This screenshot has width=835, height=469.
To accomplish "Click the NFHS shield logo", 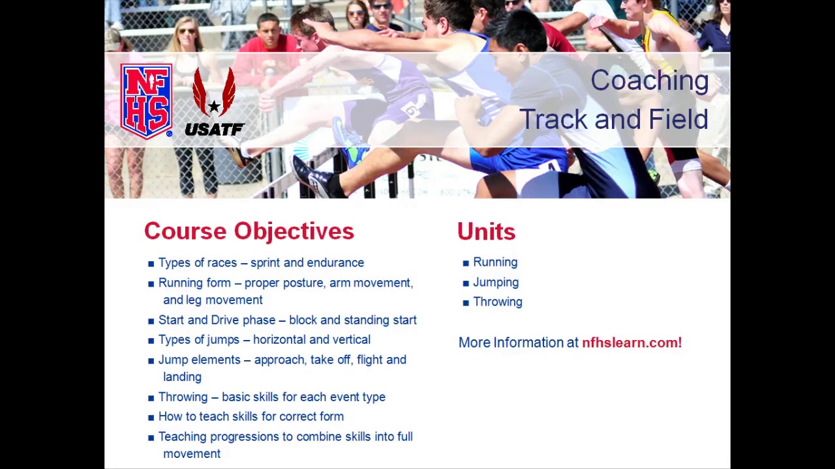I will [146, 101].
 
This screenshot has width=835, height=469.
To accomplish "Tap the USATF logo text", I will [214, 129].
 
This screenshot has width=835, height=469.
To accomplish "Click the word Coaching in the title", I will [649, 81].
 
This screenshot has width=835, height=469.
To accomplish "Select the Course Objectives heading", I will [249, 231].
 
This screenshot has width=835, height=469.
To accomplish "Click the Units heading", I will [486, 232].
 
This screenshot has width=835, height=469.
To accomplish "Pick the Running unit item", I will [495, 263].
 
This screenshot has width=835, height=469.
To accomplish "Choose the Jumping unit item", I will [496, 283].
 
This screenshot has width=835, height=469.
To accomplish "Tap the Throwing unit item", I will [498, 302].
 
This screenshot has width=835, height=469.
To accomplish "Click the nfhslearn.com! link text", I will [631, 343].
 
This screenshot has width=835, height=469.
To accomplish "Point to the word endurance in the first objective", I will [335, 263].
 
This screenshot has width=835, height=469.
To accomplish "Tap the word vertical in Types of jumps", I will [351, 340].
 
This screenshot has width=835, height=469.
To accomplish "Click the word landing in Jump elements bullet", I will [182, 377].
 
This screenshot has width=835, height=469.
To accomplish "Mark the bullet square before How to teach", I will [151, 418].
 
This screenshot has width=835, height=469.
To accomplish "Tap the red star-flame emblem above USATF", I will [214, 94].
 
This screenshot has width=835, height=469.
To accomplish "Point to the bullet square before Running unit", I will [466, 263].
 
